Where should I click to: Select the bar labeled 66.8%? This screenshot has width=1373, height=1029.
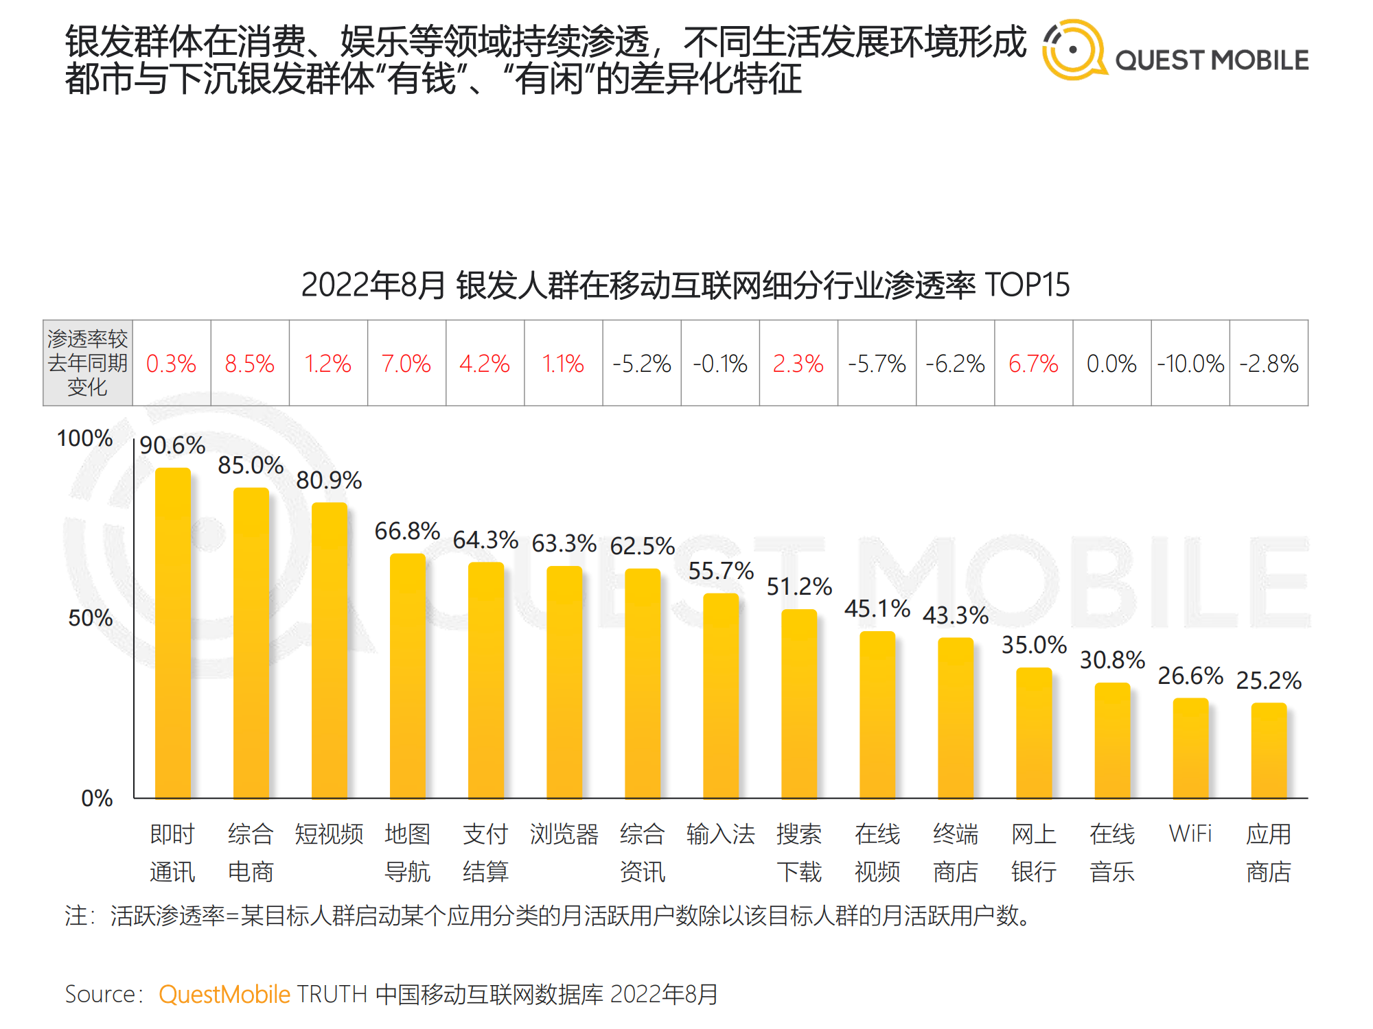tap(407, 676)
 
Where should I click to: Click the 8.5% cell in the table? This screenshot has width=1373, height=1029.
tap(249, 364)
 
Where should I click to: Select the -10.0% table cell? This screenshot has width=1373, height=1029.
tap(1190, 364)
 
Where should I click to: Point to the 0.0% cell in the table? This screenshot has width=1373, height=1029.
tap(1111, 364)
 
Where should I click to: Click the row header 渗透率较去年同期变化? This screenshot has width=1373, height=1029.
tap(87, 363)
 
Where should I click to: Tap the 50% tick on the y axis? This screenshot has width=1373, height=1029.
tap(90, 618)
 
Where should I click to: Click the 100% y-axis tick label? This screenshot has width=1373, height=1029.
tap(84, 438)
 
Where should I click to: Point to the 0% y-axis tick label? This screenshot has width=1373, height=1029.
tap(97, 799)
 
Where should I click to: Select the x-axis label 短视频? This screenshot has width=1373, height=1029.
tap(329, 834)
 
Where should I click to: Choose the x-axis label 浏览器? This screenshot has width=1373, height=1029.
tap(564, 834)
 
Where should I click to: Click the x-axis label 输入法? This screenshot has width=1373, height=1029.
tap(720, 834)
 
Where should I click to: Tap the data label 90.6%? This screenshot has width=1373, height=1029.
tap(172, 446)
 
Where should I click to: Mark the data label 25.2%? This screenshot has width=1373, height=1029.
tap(1269, 681)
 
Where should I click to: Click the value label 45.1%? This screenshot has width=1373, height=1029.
tap(877, 608)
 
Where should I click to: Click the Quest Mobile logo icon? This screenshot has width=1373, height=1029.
tap(1074, 49)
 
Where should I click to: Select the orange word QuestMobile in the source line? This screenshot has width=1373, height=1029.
tap(224, 994)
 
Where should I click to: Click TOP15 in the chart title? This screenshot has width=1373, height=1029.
tap(1027, 285)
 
